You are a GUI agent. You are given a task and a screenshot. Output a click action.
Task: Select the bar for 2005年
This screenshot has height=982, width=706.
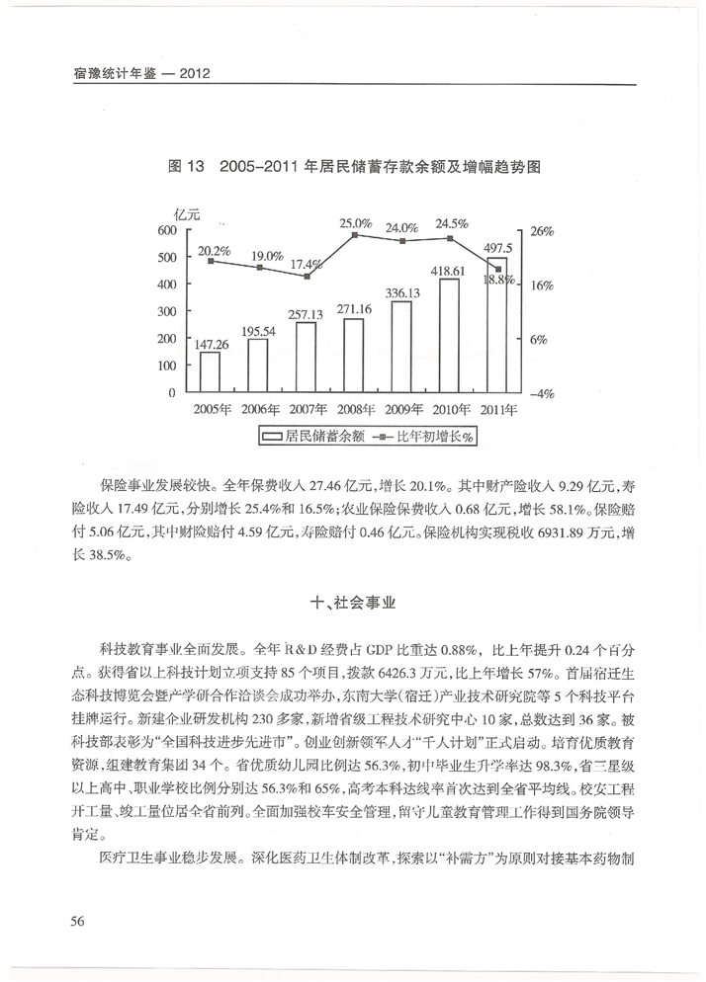(x=210, y=372)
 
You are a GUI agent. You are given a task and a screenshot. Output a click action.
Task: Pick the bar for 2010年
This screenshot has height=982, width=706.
(x=450, y=336)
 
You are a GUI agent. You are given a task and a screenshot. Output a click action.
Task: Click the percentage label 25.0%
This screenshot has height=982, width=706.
(x=356, y=223)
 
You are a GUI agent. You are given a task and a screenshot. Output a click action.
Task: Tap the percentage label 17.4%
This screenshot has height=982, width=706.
(x=308, y=264)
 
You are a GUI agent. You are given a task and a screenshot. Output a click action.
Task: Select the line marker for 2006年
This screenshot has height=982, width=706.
(x=259, y=268)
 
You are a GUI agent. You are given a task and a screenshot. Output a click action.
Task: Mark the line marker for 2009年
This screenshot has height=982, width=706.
(x=402, y=241)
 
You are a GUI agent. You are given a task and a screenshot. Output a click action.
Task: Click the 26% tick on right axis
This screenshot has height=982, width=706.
(x=542, y=231)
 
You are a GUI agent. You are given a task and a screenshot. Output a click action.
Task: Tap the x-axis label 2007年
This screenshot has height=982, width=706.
(x=308, y=408)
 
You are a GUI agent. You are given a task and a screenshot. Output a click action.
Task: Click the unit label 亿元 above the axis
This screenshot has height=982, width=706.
(x=186, y=214)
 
